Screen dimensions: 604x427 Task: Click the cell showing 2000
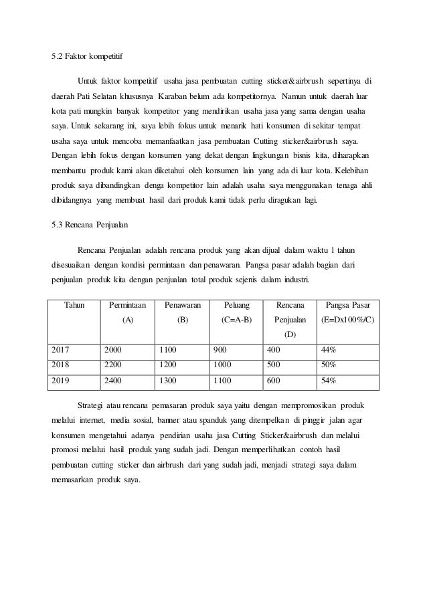tap(114, 348)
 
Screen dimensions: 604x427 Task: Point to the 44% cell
tap(329, 348)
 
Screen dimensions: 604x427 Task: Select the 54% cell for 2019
tap(329, 381)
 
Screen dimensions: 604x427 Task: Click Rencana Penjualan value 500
tap(274, 365)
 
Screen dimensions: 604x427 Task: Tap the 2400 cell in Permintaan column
tap(114, 381)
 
